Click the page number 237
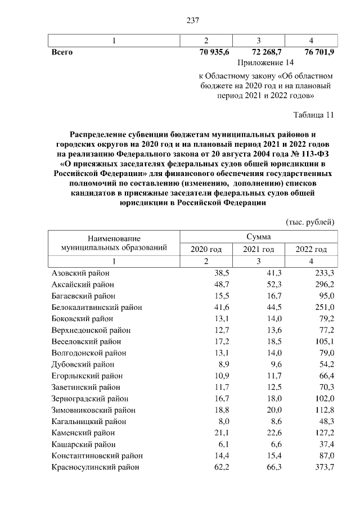tap(193, 21)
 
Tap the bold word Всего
tap(62, 52)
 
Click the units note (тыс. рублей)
tap(310, 222)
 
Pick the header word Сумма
tap(258, 237)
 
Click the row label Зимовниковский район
tap(93, 410)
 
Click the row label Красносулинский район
tap(95, 467)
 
